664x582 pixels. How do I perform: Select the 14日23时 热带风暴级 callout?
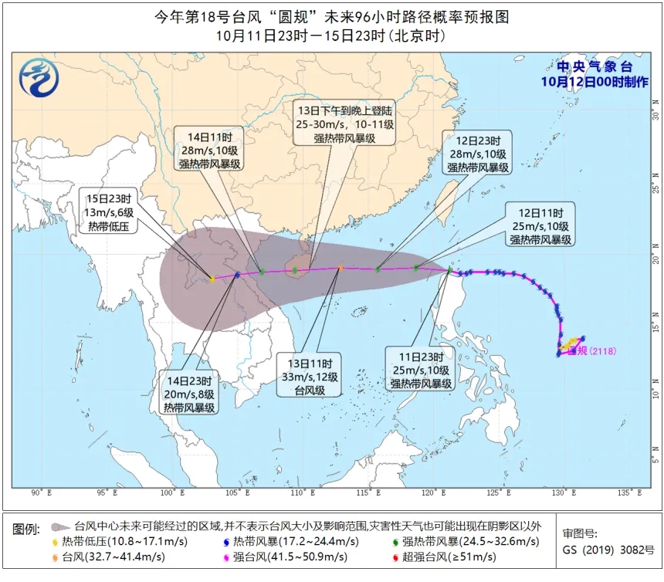pos(188,394)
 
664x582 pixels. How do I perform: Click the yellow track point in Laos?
pos(212,279)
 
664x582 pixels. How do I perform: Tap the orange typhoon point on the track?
pos(340,269)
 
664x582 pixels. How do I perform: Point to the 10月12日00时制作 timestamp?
pos(595,82)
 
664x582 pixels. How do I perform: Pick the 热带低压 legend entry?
pos(124,541)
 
